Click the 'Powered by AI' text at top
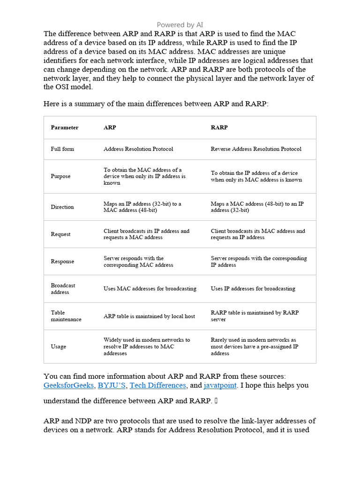180,25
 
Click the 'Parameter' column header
65,127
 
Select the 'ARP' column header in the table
110,127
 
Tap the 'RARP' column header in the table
219,127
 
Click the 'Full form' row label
62,149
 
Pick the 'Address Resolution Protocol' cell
138,149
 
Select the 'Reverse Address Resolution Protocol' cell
256,149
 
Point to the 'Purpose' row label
60,176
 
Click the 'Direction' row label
62,207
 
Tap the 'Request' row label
60,234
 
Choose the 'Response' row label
62,262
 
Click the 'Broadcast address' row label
63,289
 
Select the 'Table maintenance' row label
66,316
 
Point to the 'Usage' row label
59,347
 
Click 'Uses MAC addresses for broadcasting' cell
150,289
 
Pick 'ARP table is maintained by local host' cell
149,316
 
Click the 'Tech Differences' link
157,385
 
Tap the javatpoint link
220,385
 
